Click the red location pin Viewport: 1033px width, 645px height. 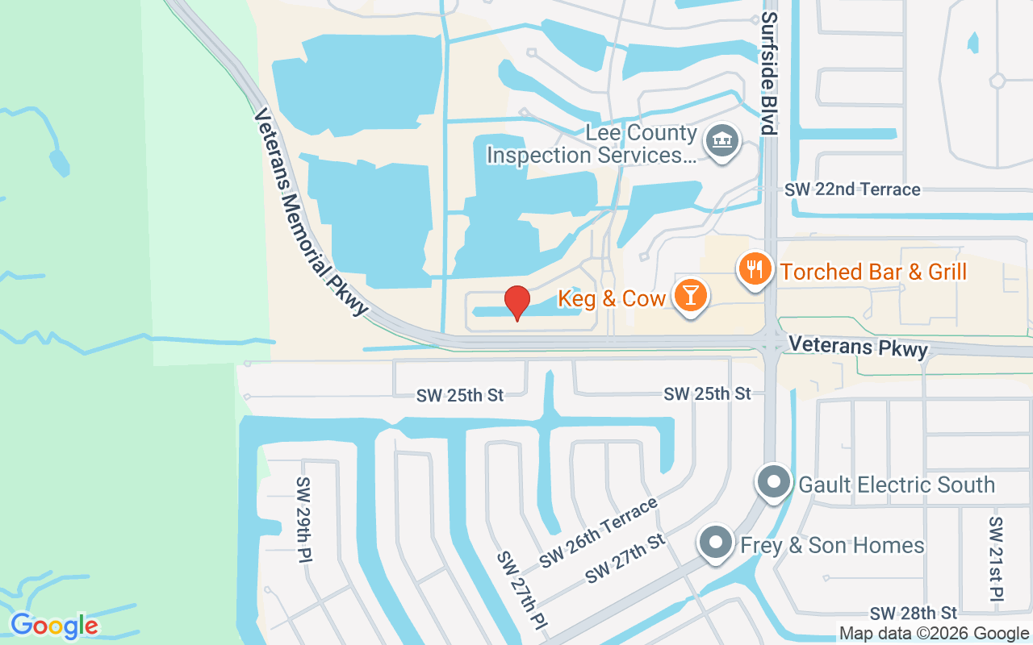click(x=517, y=302)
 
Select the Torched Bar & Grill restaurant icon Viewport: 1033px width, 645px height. click(x=755, y=268)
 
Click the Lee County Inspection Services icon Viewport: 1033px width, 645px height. click(x=722, y=142)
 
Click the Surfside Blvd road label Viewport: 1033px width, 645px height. click(x=769, y=73)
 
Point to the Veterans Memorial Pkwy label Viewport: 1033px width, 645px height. click(x=311, y=213)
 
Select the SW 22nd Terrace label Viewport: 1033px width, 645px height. click(x=852, y=189)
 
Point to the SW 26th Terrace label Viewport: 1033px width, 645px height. click(x=599, y=533)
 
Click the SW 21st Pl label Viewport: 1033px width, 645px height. click(x=995, y=559)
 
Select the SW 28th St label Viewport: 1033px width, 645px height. click(x=913, y=614)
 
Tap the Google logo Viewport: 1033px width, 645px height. click(x=54, y=626)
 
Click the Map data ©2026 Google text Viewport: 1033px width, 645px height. click(x=934, y=634)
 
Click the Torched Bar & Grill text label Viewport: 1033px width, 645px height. click(x=873, y=272)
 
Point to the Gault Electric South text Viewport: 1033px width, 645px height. click(x=897, y=485)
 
